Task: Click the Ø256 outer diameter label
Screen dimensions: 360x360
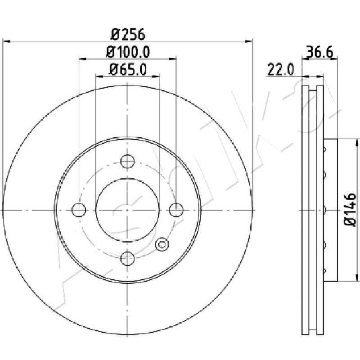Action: click(128, 35)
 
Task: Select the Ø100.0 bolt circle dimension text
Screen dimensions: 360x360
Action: click(128, 52)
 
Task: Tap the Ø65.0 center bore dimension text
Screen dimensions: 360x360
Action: click(128, 69)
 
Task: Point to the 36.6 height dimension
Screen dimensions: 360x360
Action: click(319, 52)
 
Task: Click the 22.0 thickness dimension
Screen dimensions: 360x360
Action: click(280, 70)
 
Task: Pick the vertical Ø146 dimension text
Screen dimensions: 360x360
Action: click(350, 209)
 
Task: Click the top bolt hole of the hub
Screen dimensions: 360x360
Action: click(127, 161)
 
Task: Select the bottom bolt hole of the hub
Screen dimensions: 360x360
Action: click(127, 258)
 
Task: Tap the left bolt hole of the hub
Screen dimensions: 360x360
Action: click(79, 210)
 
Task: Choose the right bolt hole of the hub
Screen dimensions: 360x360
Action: click(176, 210)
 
